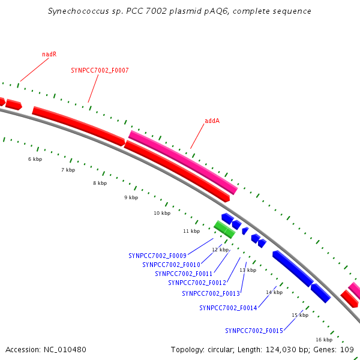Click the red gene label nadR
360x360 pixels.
coord(49,54)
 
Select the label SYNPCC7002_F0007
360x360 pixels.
coord(100,70)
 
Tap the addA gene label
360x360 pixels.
coord(212,121)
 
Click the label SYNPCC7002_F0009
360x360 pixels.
coord(157,256)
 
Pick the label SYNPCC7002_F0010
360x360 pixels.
coord(171,265)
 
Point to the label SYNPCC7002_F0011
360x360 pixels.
coord(184,274)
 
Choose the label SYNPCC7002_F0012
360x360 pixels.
coord(197,283)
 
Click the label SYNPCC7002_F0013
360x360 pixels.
coord(211,293)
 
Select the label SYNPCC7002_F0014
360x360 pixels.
coord(228,308)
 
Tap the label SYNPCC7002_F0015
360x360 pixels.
coord(254,331)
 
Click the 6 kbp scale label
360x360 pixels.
coord(35,159)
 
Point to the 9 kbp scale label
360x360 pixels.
coord(131,197)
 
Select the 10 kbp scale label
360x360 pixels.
coord(162,213)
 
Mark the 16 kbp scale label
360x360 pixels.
coord(324,340)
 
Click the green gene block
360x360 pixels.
coord(224,229)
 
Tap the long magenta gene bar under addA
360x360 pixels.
coord(183,163)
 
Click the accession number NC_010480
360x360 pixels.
coord(65,350)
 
